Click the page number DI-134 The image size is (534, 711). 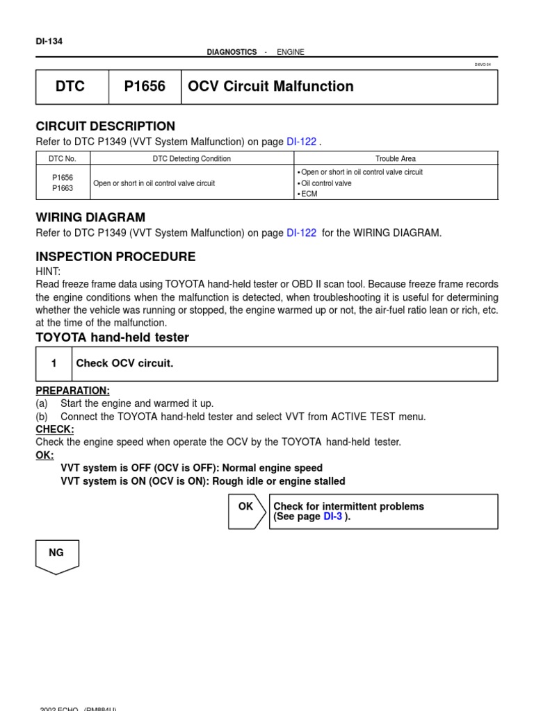[49, 41]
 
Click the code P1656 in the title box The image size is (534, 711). [145, 87]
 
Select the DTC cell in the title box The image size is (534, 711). [72, 87]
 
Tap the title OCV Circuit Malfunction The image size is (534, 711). [269, 87]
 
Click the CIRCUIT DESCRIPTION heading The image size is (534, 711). [106, 126]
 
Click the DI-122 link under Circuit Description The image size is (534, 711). [301, 142]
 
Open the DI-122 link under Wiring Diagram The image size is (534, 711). [301, 233]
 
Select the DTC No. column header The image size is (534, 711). [63, 159]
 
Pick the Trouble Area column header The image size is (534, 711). [395, 159]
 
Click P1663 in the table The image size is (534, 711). [63, 188]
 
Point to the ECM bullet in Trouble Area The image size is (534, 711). [309, 194]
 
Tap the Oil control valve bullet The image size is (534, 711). [325, 183]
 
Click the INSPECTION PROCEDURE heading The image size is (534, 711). [115, 257]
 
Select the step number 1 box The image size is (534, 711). [54, 364]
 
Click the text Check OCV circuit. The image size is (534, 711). [124, 364]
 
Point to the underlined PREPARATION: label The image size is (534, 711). [72, 391]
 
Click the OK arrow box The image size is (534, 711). [247, 511]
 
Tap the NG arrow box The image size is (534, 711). [57, 555]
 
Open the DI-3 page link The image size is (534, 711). [332, 517]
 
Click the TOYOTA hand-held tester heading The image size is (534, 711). [112, 337]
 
